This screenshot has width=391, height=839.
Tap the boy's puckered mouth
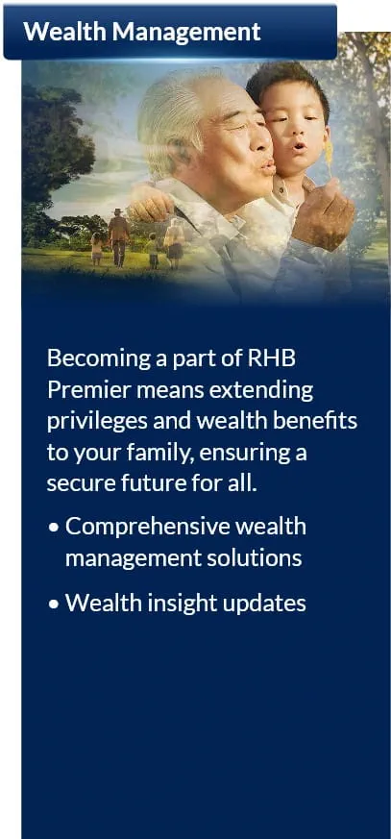pos(299,146)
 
